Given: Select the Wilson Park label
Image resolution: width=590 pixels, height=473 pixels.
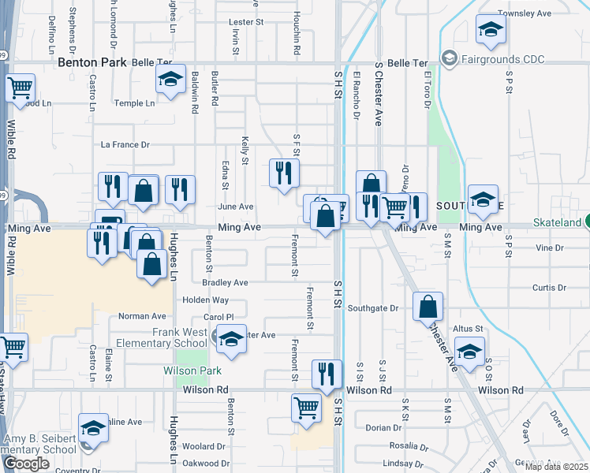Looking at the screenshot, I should coord(192,371).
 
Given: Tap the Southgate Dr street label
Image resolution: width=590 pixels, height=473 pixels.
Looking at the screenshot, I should coord(373,308).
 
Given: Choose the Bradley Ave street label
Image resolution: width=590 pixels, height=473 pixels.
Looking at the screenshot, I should coord(225,282).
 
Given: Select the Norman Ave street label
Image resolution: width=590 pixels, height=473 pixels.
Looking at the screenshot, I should coord(140,316).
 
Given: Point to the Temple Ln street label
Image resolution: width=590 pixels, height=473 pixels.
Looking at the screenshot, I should coord(134,103).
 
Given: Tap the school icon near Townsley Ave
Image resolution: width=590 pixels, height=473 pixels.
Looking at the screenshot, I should coord(491,31).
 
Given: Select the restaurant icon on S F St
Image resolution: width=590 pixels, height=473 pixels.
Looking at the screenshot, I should coord(284,173).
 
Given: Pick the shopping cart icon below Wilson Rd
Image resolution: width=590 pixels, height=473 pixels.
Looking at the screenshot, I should coord(306,408).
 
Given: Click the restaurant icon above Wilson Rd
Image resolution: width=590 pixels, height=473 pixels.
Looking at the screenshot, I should coord(327,373).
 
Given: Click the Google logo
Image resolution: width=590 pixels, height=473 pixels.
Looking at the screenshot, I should coord(26,464).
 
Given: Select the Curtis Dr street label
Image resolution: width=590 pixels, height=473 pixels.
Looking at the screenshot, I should coord(545,288).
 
